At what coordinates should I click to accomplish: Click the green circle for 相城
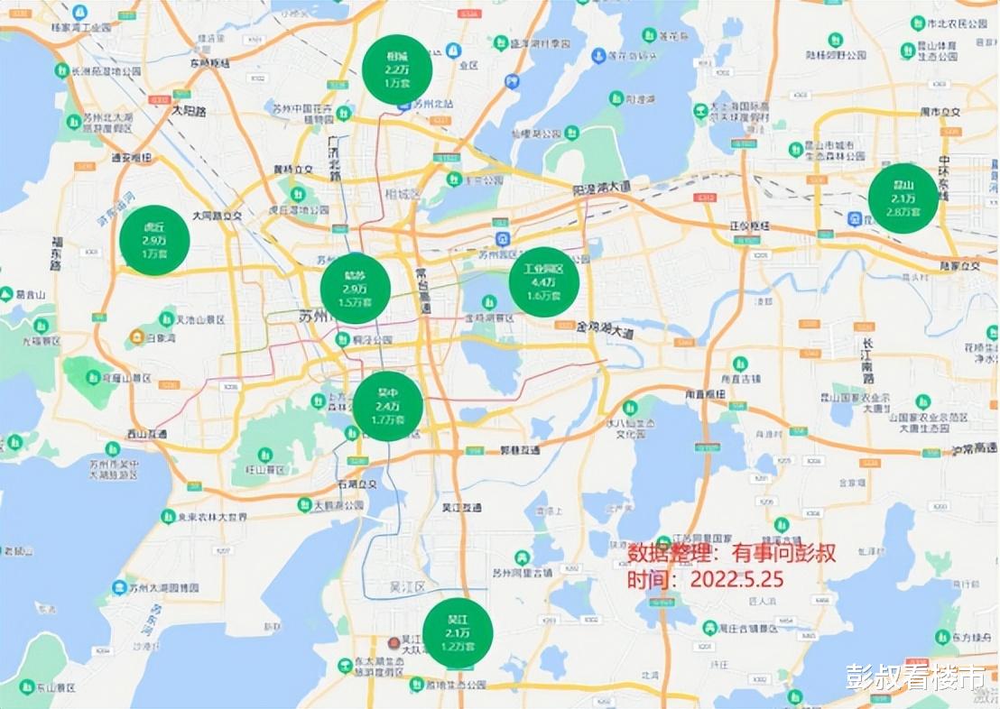point(397,69)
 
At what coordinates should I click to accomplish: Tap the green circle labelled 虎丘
point(154,240)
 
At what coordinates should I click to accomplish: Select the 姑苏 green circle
point(355,289)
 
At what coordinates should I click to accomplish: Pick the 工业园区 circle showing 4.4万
point(544,281)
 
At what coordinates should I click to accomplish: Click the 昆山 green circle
point(903,198)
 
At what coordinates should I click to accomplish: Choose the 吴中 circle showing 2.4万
point(388,406)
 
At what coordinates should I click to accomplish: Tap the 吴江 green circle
point(458,633)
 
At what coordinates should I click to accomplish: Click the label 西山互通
point(146,435)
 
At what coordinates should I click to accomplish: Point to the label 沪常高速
point(971,449)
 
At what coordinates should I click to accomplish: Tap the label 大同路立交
point(218,216)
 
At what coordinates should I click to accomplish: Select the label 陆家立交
point(959,267)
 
